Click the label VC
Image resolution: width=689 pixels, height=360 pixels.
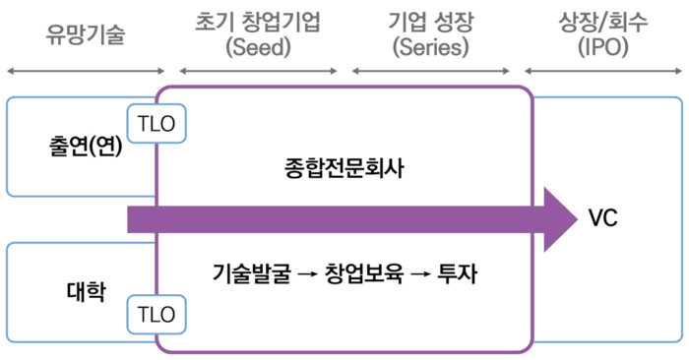(x=602, y=218)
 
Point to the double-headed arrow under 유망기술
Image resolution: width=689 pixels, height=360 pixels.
(x=86, y=71)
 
